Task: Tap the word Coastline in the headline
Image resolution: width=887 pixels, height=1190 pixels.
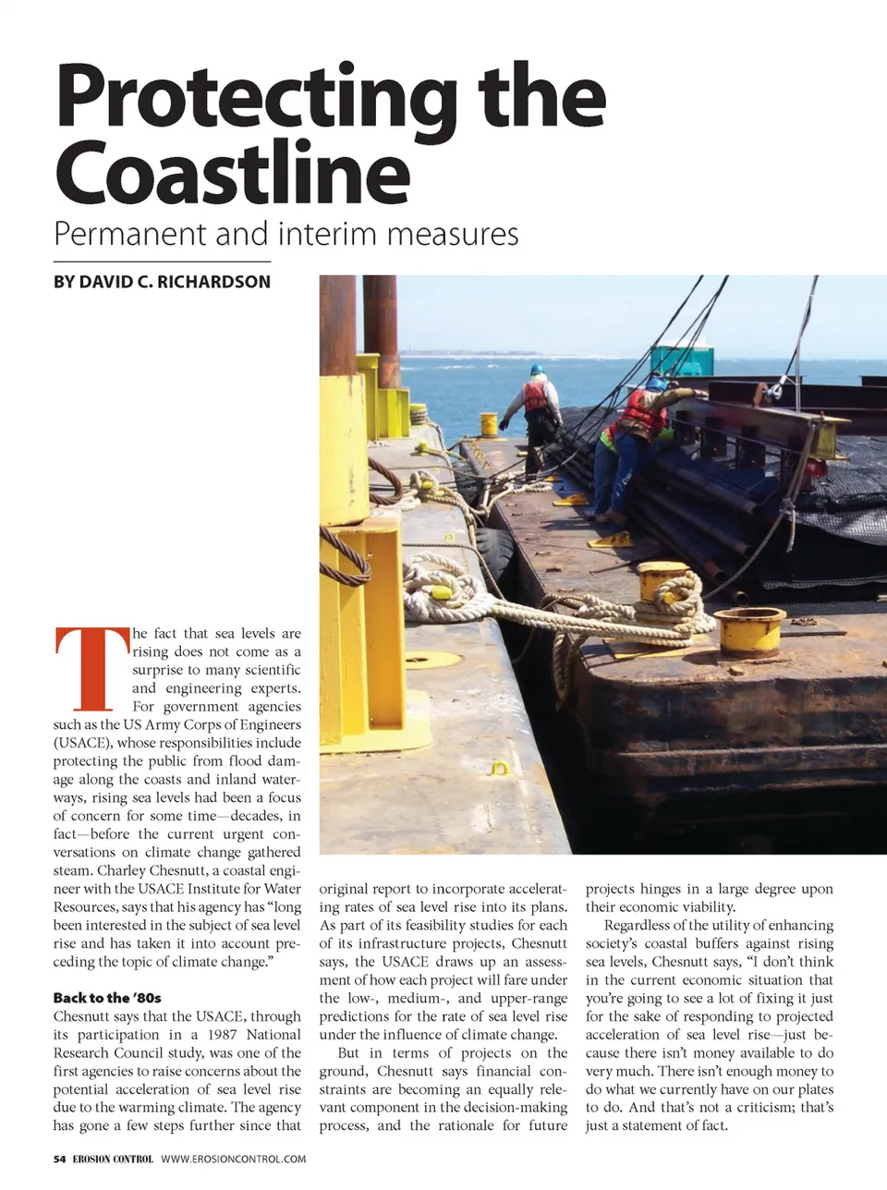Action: click(x=231, y=173)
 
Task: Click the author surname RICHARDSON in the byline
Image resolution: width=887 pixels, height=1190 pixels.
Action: click(x=214, y=282)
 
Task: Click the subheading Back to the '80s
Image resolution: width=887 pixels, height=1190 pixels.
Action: click(x=107, y=998)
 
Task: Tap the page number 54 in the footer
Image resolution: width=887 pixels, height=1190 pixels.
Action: click(x=59, y=1160)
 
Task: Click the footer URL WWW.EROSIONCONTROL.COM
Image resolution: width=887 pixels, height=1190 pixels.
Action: click(x=233, y=1160)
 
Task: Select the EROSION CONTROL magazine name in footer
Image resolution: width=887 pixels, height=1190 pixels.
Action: click(x=113, y=1160)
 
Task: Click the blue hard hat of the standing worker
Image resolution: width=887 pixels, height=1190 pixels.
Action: click(x=537, y=370)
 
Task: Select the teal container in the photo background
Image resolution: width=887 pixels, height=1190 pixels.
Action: click(x=681, y=360)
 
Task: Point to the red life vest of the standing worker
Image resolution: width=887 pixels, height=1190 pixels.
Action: click(x=537, y=395)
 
